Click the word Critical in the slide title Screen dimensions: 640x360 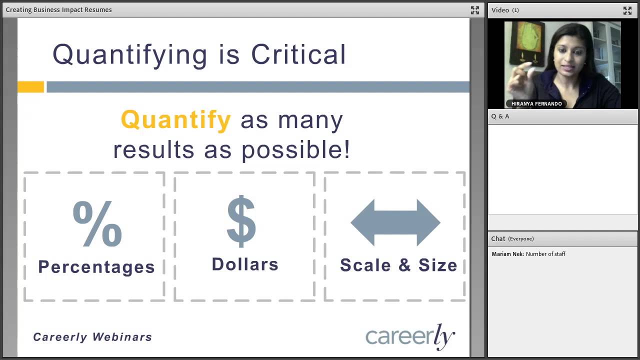click(298, 54)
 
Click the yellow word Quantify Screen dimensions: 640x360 click(176, 119)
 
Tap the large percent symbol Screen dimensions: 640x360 click(97, 223)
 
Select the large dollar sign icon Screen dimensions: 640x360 click(241, 221)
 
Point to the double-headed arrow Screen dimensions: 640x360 click(395, 222)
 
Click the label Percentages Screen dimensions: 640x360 click(96, 267)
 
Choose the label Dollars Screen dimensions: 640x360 click(245, 264)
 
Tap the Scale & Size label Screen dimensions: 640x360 click(398, 265)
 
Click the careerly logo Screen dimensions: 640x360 click(410, 336)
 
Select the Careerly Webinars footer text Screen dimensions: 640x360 click(92, 337)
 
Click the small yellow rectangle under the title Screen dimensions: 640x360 click(31, 87)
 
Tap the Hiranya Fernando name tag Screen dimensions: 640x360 click(536, 103)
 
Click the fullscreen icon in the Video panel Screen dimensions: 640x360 click(627, 10)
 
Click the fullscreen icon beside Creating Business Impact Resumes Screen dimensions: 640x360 click(475, 10)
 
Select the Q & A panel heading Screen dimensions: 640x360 click(500, 116)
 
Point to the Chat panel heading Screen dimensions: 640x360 click(512, 238)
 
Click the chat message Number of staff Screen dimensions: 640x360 click(545, 254)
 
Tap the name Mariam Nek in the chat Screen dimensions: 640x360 click(507, 254)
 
